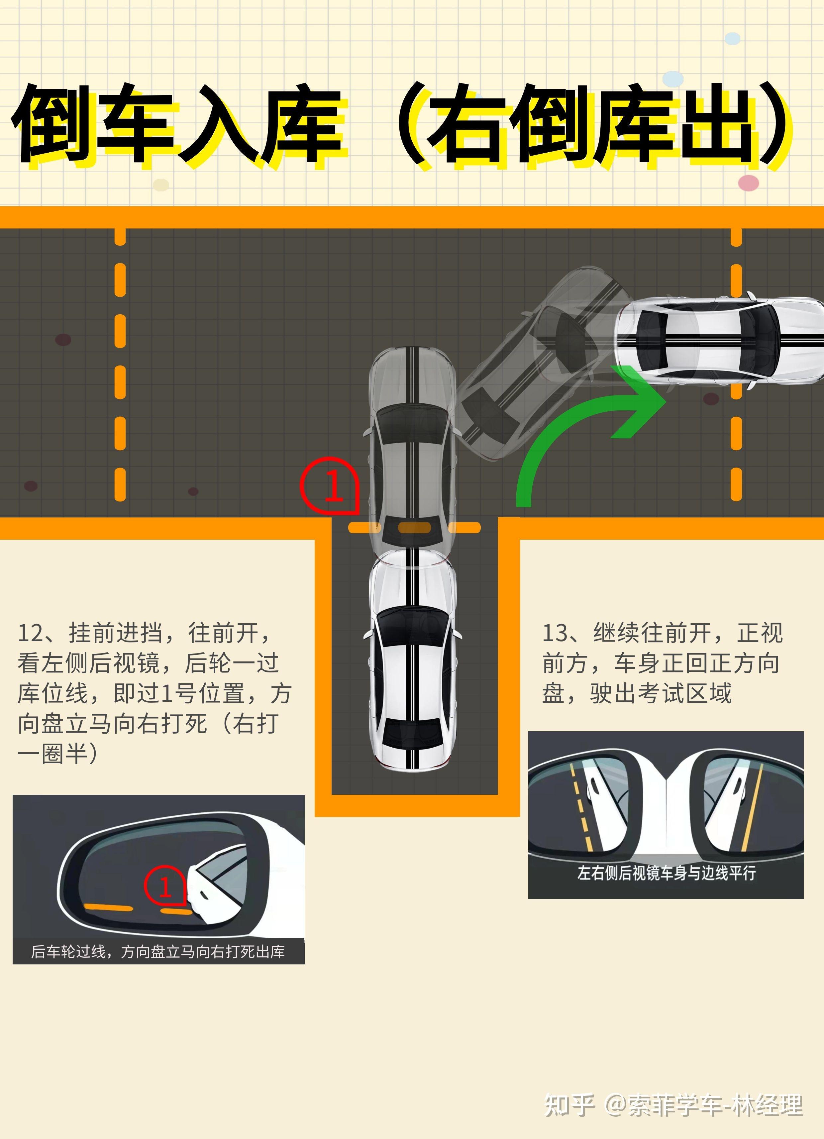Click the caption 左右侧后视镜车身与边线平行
(666, 873)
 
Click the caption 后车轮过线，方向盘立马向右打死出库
(158, 952)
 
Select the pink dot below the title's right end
(748, 183)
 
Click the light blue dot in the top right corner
(733, 38)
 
